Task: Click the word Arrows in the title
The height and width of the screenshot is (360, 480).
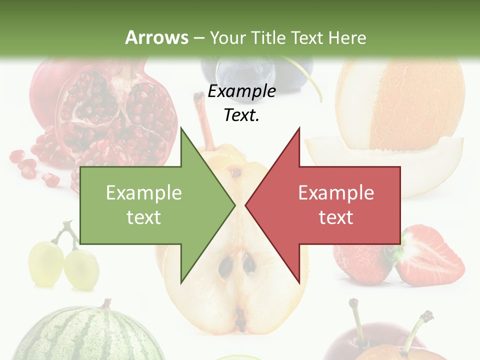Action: [156, 37]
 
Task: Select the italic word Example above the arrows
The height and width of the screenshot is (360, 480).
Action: [241, 91]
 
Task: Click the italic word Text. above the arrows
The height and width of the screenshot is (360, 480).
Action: [241, 115]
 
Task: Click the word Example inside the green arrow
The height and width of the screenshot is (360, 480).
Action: [143, 192]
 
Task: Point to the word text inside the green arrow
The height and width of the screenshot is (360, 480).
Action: [143, 217]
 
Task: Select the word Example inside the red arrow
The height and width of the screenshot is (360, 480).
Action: [336, 192]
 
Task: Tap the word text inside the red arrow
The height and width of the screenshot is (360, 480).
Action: [336, 217]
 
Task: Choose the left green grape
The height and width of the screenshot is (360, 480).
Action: [45, 264]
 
